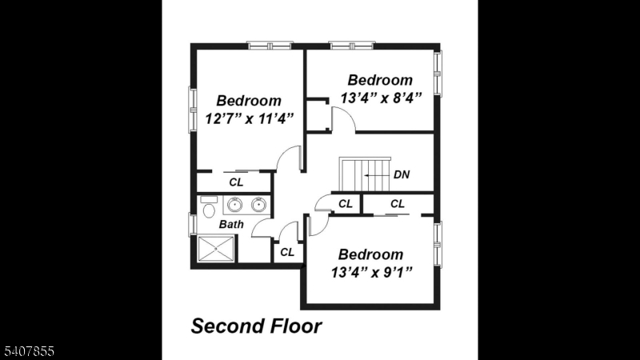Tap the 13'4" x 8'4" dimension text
click(380, 98)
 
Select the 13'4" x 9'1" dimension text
click(371, 272)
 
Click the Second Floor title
click(256, 326)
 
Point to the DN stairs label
click(402, 174)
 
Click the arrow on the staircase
click(374, 174)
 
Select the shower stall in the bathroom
click(214, 249)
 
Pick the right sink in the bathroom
click(258, 206)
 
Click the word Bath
click(231, 225)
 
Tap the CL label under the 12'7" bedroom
click(236, 182)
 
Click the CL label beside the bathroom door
click(287, 252)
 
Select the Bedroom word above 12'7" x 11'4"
click(249, 101)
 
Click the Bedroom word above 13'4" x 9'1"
click(370, 254)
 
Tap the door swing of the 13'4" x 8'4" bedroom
click(342, 120)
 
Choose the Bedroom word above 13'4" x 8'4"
click(380, 80)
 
